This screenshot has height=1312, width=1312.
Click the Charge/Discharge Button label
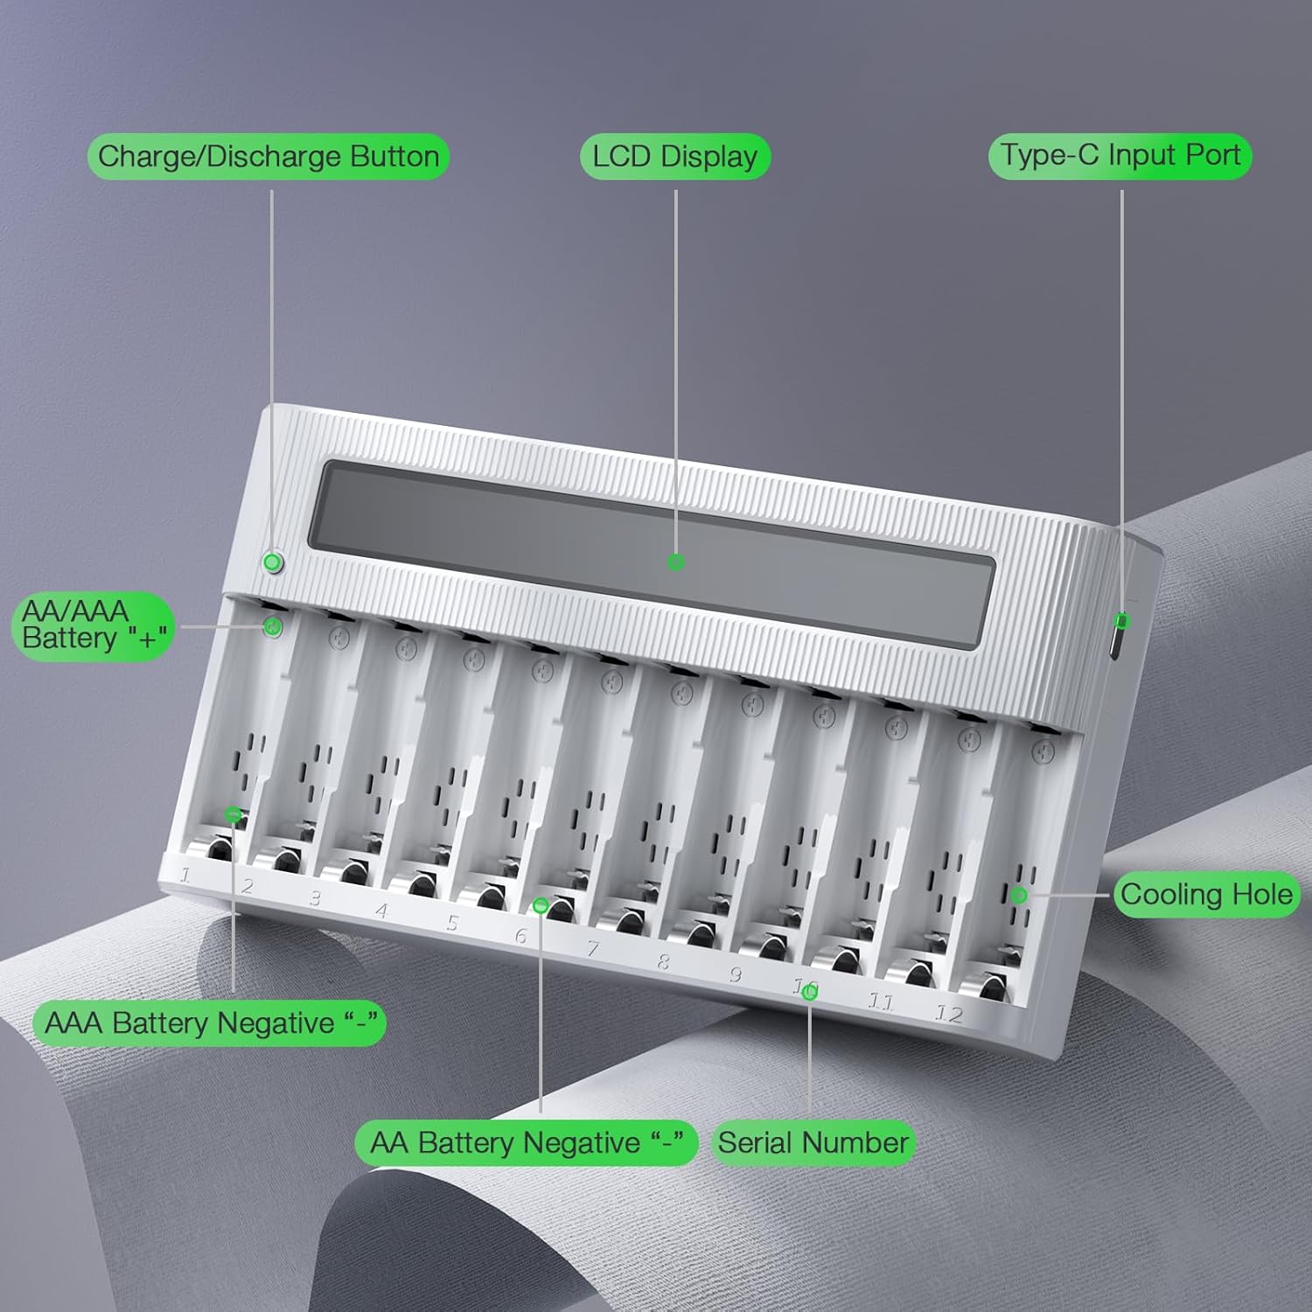269,157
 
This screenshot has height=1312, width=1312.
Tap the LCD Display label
675,157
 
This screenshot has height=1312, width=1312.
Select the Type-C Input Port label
1120,156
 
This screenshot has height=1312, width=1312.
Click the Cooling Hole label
1206,894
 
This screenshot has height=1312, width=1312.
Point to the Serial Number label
813,1142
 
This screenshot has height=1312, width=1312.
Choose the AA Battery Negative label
527,1142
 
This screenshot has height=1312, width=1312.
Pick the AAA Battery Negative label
210,1022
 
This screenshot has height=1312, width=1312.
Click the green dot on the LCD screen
675,562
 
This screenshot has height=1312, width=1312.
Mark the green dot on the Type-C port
1123,621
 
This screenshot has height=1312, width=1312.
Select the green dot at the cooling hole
1019,895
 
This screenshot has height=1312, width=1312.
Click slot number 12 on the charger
949,1014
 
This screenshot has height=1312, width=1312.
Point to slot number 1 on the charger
185,875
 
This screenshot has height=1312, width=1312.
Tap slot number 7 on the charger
593,948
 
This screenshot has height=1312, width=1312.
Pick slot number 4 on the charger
381,911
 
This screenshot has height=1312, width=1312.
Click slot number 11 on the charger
880,1001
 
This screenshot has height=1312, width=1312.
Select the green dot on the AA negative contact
541,905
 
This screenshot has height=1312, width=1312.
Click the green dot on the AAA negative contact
233,815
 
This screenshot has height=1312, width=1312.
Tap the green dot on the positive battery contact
273,626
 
